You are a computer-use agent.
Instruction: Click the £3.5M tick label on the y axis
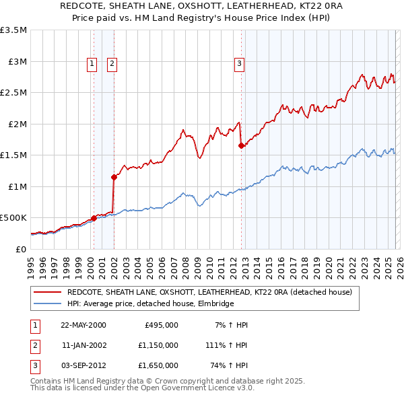coord(13,30)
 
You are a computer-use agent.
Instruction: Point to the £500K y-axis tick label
coord(13,218)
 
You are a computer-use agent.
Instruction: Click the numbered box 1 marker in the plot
coord(92,64)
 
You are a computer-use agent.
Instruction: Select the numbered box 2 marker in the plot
coord(112,64)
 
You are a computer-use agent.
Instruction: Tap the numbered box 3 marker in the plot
coord(239,64)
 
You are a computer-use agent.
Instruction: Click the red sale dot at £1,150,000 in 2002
coord(114,177)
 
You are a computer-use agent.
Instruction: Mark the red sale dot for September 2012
coord(241,146)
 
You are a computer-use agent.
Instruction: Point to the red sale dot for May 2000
coord(94,218)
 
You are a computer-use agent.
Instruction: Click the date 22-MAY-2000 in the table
coord(83,325)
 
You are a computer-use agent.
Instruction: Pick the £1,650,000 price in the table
coord(161,365)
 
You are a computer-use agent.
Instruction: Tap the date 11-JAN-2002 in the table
coord(83,345)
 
